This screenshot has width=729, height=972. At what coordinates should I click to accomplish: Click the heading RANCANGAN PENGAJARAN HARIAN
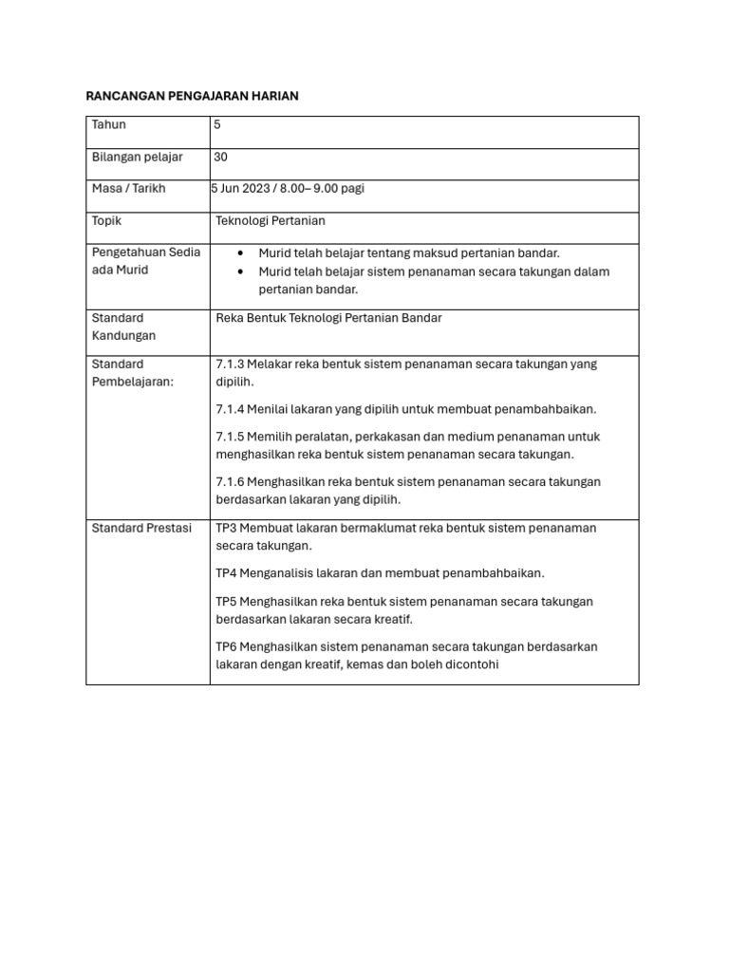pyautogui.click(x=193, y=96)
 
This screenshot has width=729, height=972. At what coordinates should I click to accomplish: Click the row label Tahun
pyautogui.click(x=109, y=125)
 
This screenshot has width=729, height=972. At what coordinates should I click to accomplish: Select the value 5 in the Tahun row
pyautogui.click(x=218, y=125)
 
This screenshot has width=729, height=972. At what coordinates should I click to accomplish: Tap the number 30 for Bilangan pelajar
pyautogui.click(x=221, y=157)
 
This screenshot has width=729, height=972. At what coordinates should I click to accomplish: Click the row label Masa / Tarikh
pyautogui.click(x=128, y=188)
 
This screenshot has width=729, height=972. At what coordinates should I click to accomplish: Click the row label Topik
pyautogui.click(x=106, y=220)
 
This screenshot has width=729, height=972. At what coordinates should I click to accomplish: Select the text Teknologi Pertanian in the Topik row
pyautogui.click(x=271, y=220)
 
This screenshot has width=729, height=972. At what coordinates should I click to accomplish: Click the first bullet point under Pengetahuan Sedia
pyautogui.click(x=241, y=253)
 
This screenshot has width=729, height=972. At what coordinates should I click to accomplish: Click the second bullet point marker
pyautogui.click(x=241, y=271)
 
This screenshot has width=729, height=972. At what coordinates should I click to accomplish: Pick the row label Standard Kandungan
pyautogui.click(x=123, y=327)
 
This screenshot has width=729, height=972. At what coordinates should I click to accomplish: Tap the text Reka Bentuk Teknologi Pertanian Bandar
pyautogui.click(x=328, y=318)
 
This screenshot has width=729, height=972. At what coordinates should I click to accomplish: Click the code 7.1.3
pyautogui.click(x=230, y=364)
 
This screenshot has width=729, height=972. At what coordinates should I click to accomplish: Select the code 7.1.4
pyautogui.click(x=230, y=409)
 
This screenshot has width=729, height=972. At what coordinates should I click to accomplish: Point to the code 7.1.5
pyautogui.click(x=230, y=437)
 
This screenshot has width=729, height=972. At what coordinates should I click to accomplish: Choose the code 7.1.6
pyautogui.click(x=230, y=481)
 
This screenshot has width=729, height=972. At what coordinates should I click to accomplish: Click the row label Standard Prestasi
pyautogui.click(x=141, y=528)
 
